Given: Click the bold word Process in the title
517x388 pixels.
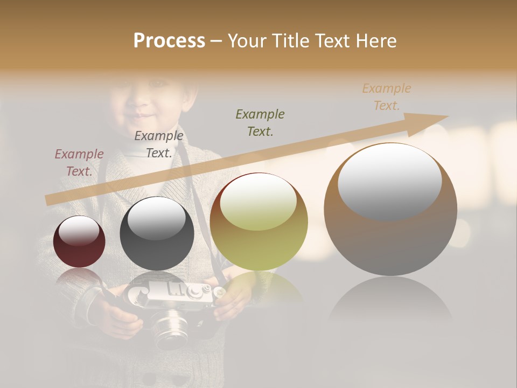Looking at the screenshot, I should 169,41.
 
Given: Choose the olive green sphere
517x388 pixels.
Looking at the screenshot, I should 258,222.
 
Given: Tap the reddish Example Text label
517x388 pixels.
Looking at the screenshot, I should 79,163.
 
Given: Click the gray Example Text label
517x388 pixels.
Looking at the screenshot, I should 159,144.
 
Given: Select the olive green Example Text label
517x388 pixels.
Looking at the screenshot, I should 260,123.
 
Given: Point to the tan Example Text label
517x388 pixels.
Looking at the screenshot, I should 387,97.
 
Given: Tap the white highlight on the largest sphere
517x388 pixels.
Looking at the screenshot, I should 389,181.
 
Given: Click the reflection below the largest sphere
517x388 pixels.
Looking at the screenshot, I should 390,302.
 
